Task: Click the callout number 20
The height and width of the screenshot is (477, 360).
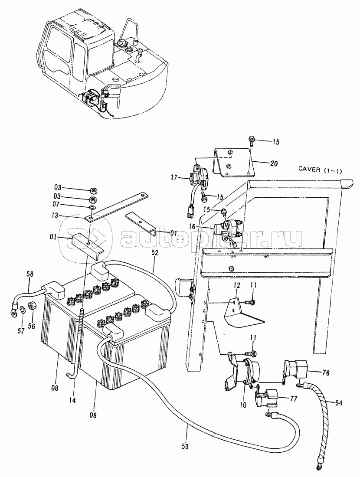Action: click(x=274, y=163)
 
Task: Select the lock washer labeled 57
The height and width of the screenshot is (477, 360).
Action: click(x=22, y=310)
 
